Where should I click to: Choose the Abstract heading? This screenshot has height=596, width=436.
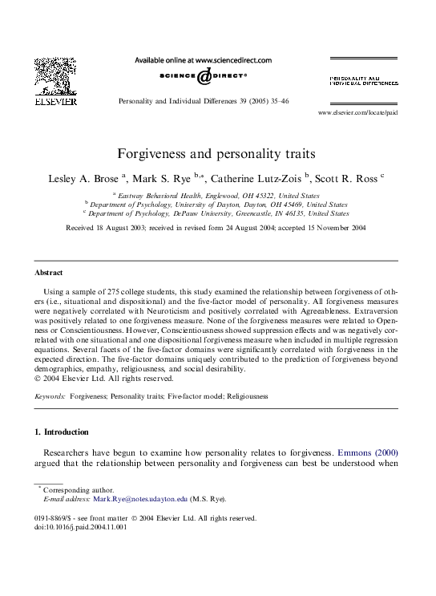click(50, 273)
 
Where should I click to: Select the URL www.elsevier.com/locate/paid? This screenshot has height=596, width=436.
click(357, 112)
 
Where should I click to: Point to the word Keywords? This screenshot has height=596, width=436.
click(50, 396)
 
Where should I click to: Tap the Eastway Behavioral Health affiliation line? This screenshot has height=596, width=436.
click(218, 195)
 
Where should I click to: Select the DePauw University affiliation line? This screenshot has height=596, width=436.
click(218, 214)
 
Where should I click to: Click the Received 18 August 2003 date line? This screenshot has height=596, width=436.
click(216, 229)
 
